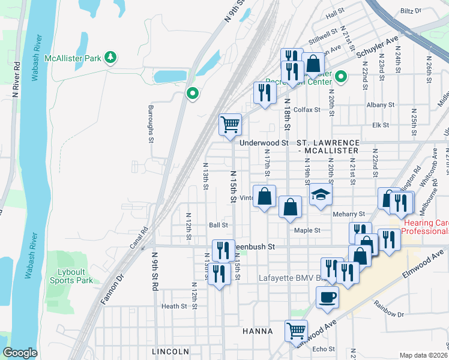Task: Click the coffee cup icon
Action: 327,297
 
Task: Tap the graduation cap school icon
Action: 321,195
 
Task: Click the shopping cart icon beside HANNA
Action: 296,330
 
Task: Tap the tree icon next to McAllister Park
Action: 110,58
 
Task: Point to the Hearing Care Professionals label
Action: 425,227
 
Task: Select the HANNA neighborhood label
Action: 258,331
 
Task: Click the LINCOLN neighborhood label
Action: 170,351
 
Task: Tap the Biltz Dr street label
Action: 411,11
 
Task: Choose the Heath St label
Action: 174,306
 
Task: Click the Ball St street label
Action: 218,226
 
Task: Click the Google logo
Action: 20,353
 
